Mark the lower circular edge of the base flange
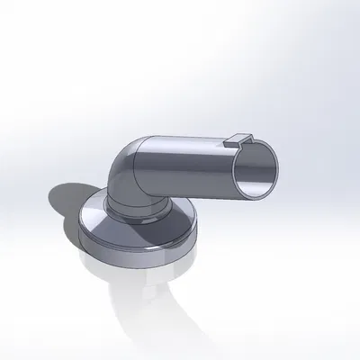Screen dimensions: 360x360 [x=135, y=263]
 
